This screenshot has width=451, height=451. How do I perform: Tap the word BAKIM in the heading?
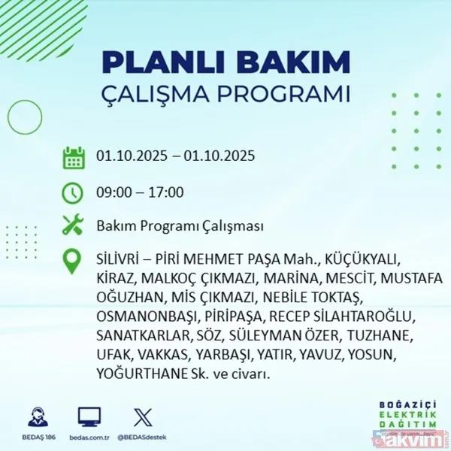[x=298, y=62]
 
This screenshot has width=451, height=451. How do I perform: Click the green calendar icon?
[x=73, y=158]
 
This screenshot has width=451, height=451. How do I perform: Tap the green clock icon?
[x=73, y=192]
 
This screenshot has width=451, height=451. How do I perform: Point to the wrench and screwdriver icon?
[x=73, y=225]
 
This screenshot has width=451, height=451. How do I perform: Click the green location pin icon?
[x=73, y=262]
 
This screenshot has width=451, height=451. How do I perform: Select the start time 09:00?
[x=113, y=192]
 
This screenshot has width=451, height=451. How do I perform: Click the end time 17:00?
[x=166, y=192]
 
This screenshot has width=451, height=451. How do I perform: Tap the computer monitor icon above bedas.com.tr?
[x=90, y=416]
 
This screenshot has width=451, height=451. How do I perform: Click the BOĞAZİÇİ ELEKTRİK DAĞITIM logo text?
[x=407, y=415]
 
